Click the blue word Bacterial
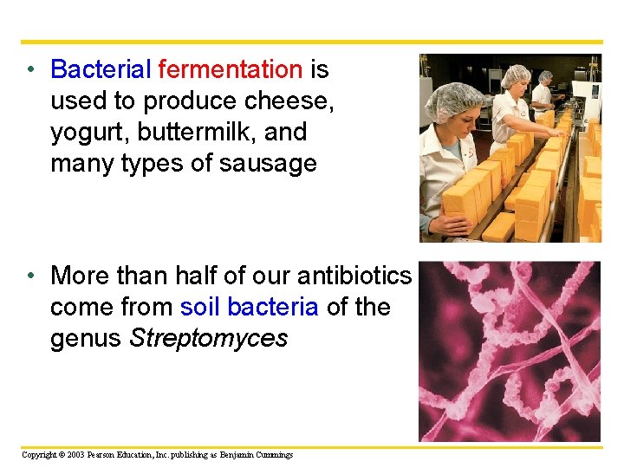pyautogui.click(x=101, y=69)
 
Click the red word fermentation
pyautogui.click(x=231, y=69)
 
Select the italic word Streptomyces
pyautogui.click(x=208, y=339)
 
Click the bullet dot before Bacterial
pyautogui.click(x=31, y=70)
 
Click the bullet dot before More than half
pyautogui.click(x=31, y=276)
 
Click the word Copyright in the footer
pyautogui.click(x=40, y=454)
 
